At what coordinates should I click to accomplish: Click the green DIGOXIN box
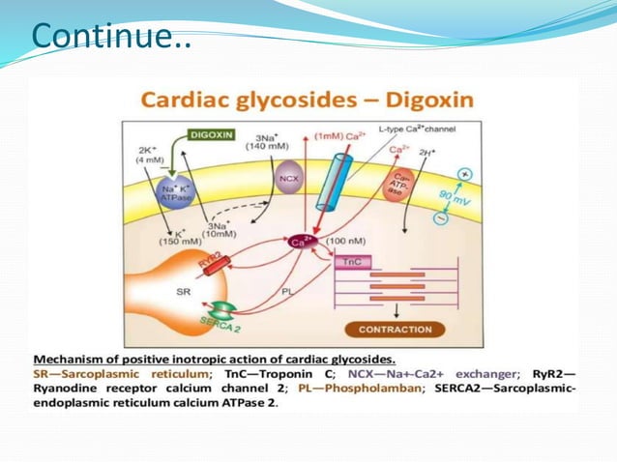tap(209, 134)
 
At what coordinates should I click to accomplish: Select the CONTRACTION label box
tap(396, 330)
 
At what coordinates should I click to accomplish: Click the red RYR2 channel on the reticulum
tap(212, 261)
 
